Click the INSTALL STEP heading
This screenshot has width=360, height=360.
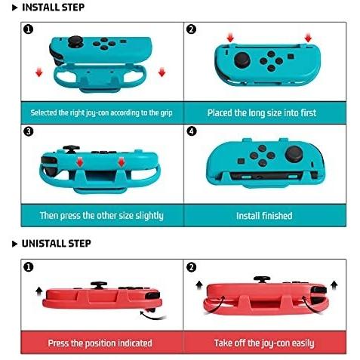pos(53,8)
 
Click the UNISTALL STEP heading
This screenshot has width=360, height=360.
pos(56,244)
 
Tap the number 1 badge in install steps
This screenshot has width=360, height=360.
pos(28,29)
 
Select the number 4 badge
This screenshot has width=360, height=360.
pos(192,131)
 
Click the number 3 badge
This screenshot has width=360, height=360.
pos(28,131)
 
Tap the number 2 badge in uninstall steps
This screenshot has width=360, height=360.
pos(192,267)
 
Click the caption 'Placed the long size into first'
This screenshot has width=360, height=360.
pos(262,113)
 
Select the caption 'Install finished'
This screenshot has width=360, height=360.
pos(264,216)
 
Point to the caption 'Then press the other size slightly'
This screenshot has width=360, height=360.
pos(102,216)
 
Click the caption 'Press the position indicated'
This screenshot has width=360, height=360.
pos(100,343)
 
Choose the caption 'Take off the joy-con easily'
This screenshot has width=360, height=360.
pos(264,343)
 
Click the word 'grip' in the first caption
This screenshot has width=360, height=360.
pos(167,113)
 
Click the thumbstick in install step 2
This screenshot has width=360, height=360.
pos(242,60)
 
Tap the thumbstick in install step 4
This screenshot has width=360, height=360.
pos(294,154)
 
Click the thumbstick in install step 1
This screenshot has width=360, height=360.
pos(75,42)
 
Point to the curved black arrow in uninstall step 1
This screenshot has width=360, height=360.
pos(152,315)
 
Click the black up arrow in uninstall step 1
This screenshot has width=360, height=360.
pos(39,291)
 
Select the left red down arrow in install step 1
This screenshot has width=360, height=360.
pos(39,72)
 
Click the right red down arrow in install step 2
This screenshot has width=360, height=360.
pos(308,38)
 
